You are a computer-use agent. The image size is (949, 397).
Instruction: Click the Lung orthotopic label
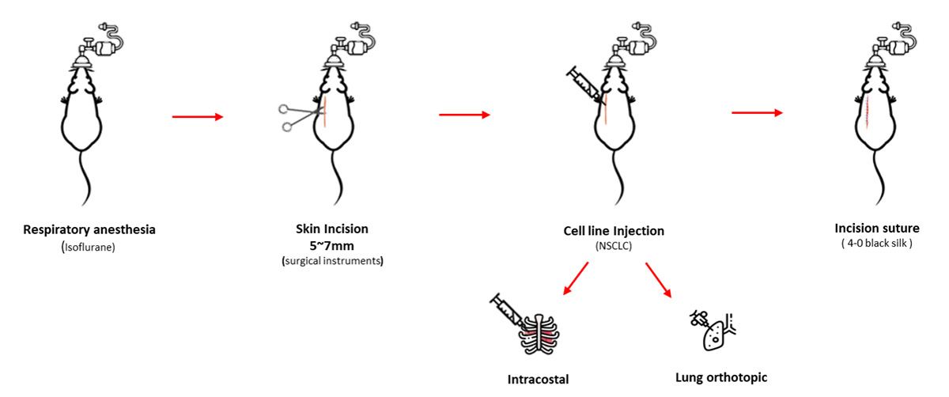point(721,377)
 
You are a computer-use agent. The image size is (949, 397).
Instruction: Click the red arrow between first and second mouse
point(198,118)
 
